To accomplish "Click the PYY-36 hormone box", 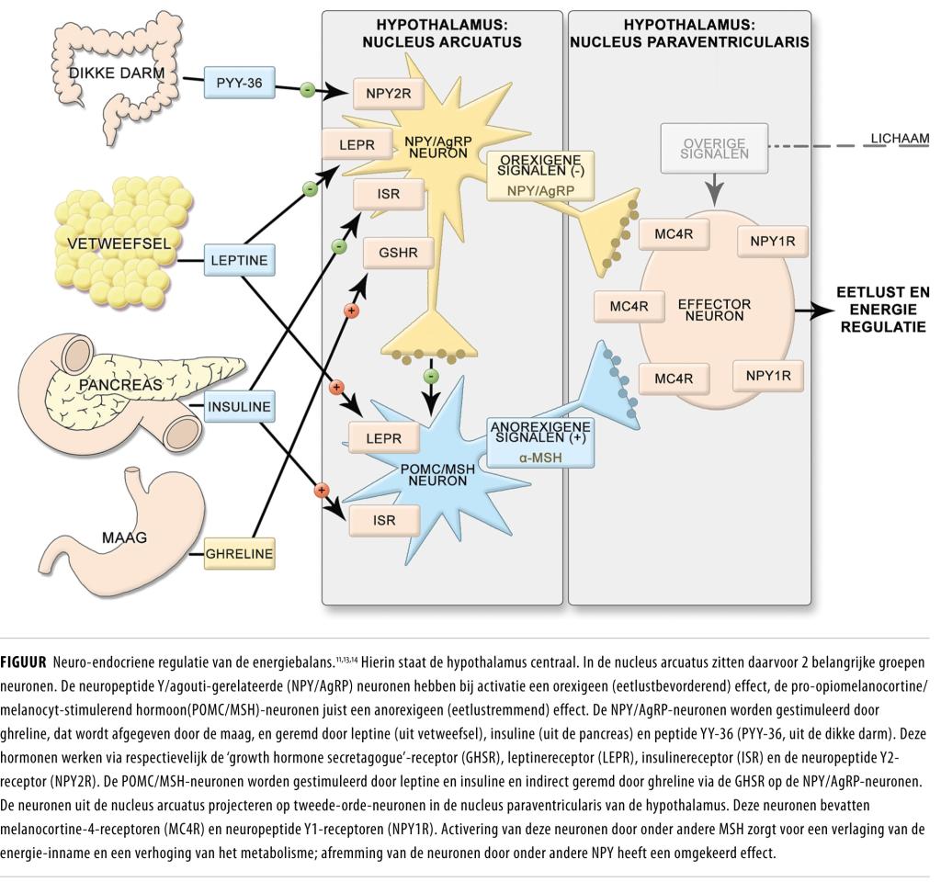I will [x=239, y=82].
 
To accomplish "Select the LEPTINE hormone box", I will [x=239, y=260].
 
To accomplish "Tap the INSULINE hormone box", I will [x=240, y=406].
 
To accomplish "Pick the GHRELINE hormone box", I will [x=239, y=553].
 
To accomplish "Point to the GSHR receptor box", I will [x=398, y=253].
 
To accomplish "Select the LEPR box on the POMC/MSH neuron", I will [x=383, y=438].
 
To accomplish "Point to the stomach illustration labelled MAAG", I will [x=124, y=533].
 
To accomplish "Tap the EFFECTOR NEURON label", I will [x=714, y=309].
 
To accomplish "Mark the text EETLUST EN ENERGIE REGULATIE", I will [x=882, y=310].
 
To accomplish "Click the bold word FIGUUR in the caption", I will [x=23, y=661].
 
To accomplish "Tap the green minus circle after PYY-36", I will [x=308, y=90].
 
